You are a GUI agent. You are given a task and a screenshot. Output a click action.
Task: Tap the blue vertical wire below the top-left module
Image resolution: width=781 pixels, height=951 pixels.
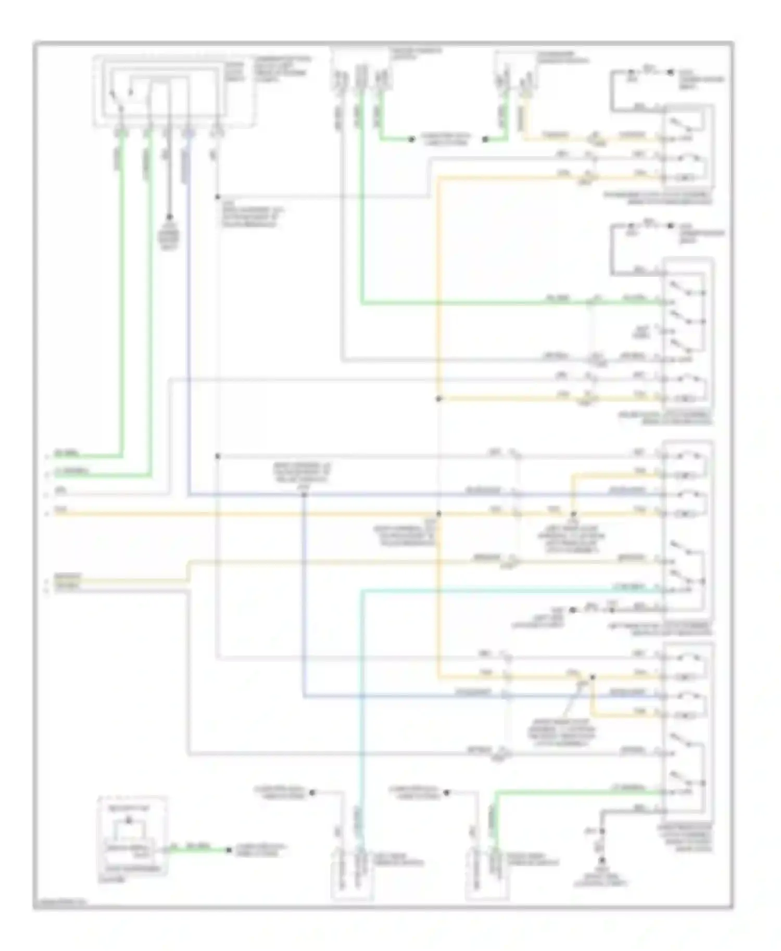pyautogui.click(x=188, y=312)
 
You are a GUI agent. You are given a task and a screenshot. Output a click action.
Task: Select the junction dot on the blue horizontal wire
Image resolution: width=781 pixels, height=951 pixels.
pyautogui.click(x=304, y=494)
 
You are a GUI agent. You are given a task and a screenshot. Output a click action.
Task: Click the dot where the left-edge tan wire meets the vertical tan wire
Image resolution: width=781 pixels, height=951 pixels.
pyautogui.click(x=438, y=513)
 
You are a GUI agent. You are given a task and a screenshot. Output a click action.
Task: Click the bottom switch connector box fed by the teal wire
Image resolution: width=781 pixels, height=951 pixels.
pyautogui.click(x=352, y=875)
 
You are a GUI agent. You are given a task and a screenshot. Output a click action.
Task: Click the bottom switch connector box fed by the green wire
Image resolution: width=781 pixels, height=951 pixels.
pyautogui.click(x=487, y=875)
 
